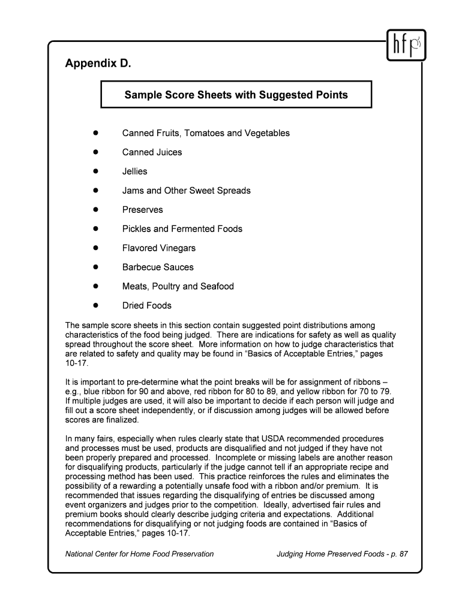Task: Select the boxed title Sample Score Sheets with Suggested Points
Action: pyautogui.click(x=236, y=95)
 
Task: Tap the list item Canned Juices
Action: pyautogui.click(x=152, y=152)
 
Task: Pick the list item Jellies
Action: pyautogui.click(x=134, y=171)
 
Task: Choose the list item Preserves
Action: pyautogui.click(x=142, y=210)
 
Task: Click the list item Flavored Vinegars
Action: pyautogui.click(x=159, y=248)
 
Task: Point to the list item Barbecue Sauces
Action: pyautogui.click(x=158, y=267)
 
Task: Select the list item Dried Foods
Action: pyautogui.click(x=146, y=306)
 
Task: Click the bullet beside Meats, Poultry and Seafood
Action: pyautogui.click(x=95, y=286)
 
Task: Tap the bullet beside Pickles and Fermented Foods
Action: pyautogui.click(x=95, y=228)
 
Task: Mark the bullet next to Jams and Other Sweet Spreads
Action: pyautogui.click(x=95, y=190)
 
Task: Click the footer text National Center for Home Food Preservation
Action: pyautogui.click(x=139, y=554)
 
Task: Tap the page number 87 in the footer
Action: pyautogui.click(x=403, y=554)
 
